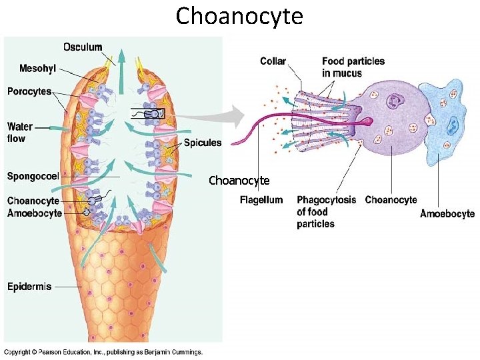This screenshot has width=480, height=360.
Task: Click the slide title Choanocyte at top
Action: point(239,15)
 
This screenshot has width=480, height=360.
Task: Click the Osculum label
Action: point(83,47)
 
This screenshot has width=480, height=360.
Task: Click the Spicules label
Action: point(203,142)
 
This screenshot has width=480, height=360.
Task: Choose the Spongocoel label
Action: point(33,176)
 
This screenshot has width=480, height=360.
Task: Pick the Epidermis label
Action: point(29,287)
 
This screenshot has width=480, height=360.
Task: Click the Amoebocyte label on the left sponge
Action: point(35,213)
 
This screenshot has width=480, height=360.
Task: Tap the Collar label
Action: point(273,61)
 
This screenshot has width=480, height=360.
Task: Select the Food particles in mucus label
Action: point(353,67)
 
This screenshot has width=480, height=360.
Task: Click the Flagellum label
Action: point(261,200)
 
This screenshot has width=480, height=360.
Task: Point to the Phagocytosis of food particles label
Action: point(326,211)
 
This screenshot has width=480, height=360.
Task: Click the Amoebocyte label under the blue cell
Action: point(447,213)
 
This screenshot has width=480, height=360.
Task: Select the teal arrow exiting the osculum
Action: point(121,67)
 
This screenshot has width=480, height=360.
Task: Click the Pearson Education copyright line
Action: point(103,352)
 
